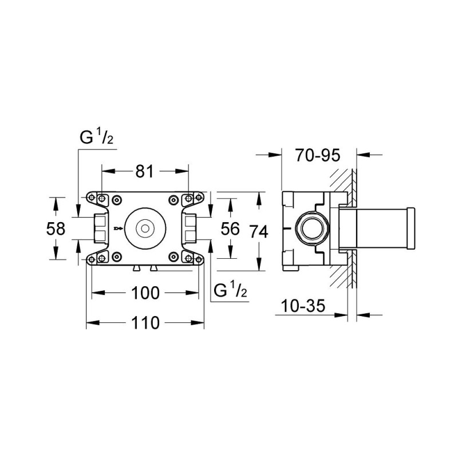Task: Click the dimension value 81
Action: [x=145, y=171]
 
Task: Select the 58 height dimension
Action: [x=56, y=228]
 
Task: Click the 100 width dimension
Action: [x=145, y=293]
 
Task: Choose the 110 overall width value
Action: [x=145, y=323]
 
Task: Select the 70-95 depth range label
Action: [x=318, y=154]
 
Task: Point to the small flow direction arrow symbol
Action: [x=118, y=228]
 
